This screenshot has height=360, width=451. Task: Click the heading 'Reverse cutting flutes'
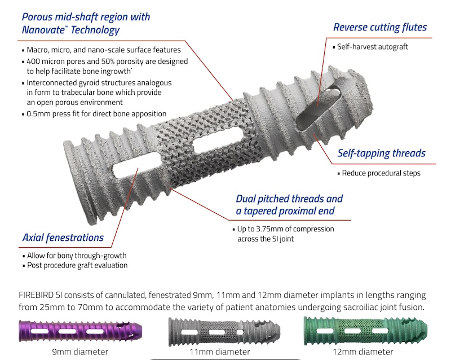click(x=380, y=27)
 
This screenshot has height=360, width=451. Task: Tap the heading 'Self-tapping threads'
click(x=381, y=153)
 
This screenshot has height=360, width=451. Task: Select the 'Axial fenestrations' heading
click(x=63, y=238)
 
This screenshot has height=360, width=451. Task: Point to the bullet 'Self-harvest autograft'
click(x=372, y=47)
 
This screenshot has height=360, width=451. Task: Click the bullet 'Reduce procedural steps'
click(x=381, y=173)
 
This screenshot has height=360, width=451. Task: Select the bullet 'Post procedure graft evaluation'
click(x=77, y=265)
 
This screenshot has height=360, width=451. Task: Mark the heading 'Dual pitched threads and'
click(x=289, y=199)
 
